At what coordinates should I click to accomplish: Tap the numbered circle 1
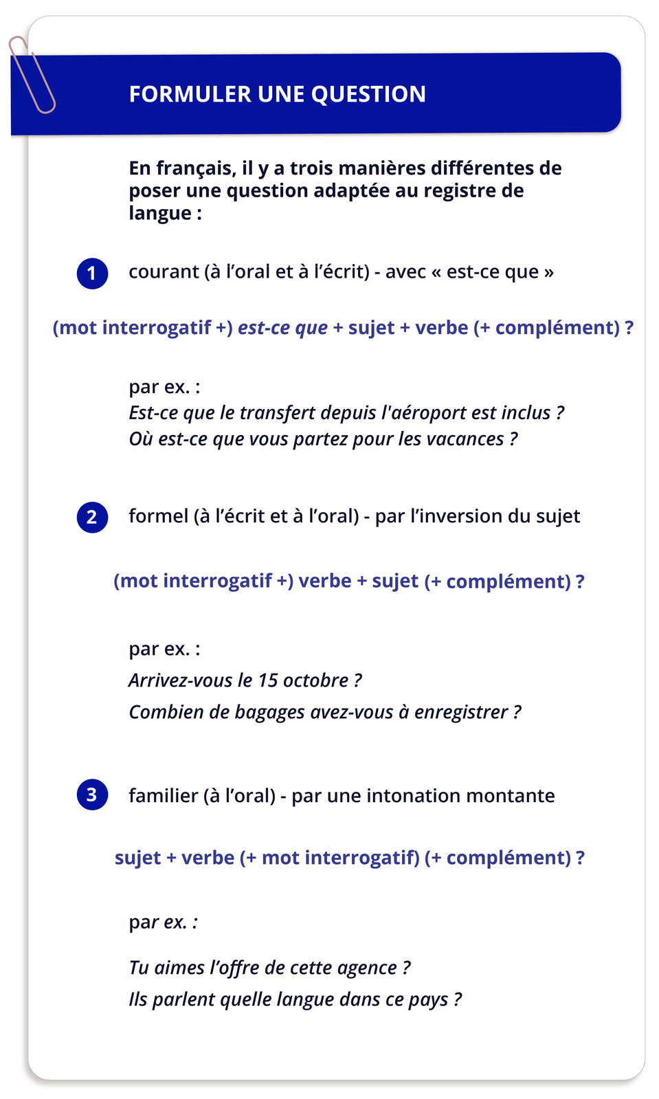(x=92, y=274)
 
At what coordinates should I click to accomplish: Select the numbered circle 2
(x=92, y=518)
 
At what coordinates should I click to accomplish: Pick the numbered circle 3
(x=92, y=795)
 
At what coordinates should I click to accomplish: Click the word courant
(x=164, y=272)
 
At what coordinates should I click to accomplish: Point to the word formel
(x=158, y=516)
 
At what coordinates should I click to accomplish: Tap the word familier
(x=163, y=796)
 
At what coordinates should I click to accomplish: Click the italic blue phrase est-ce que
(x=282, y=328)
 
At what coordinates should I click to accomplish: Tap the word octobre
(x=315, y=680)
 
